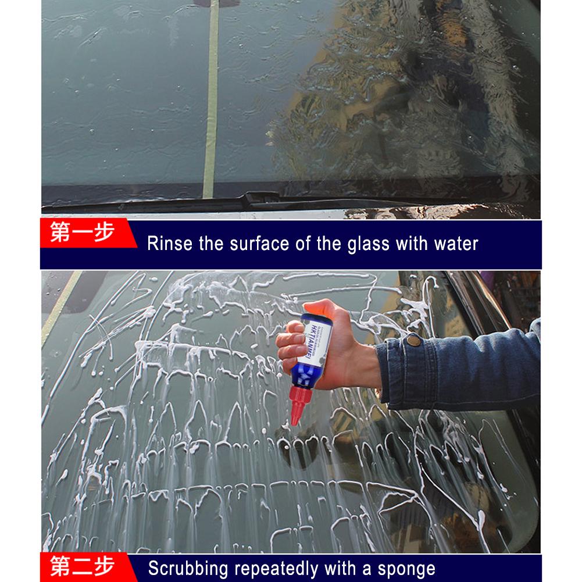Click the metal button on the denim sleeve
413,340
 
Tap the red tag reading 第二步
83,566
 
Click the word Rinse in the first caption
169,243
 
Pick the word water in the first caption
456,243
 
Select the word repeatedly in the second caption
276,568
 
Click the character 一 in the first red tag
82,233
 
